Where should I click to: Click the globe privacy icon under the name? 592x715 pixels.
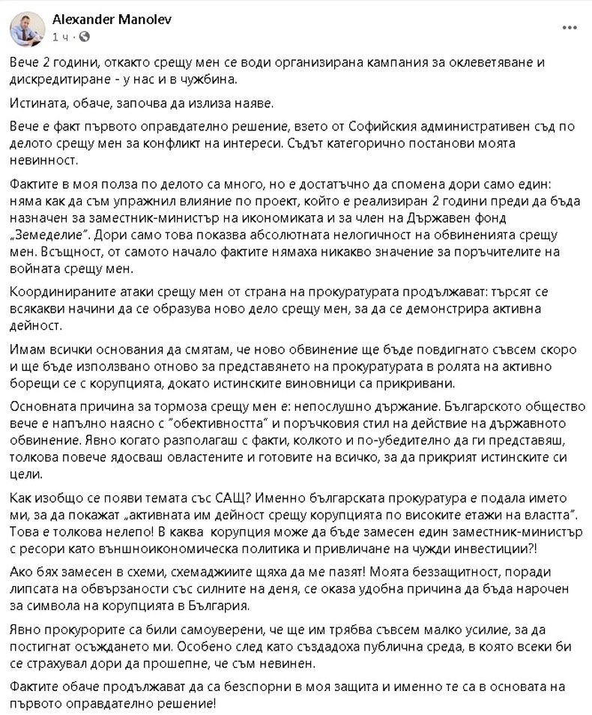click(x=82, y=36)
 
